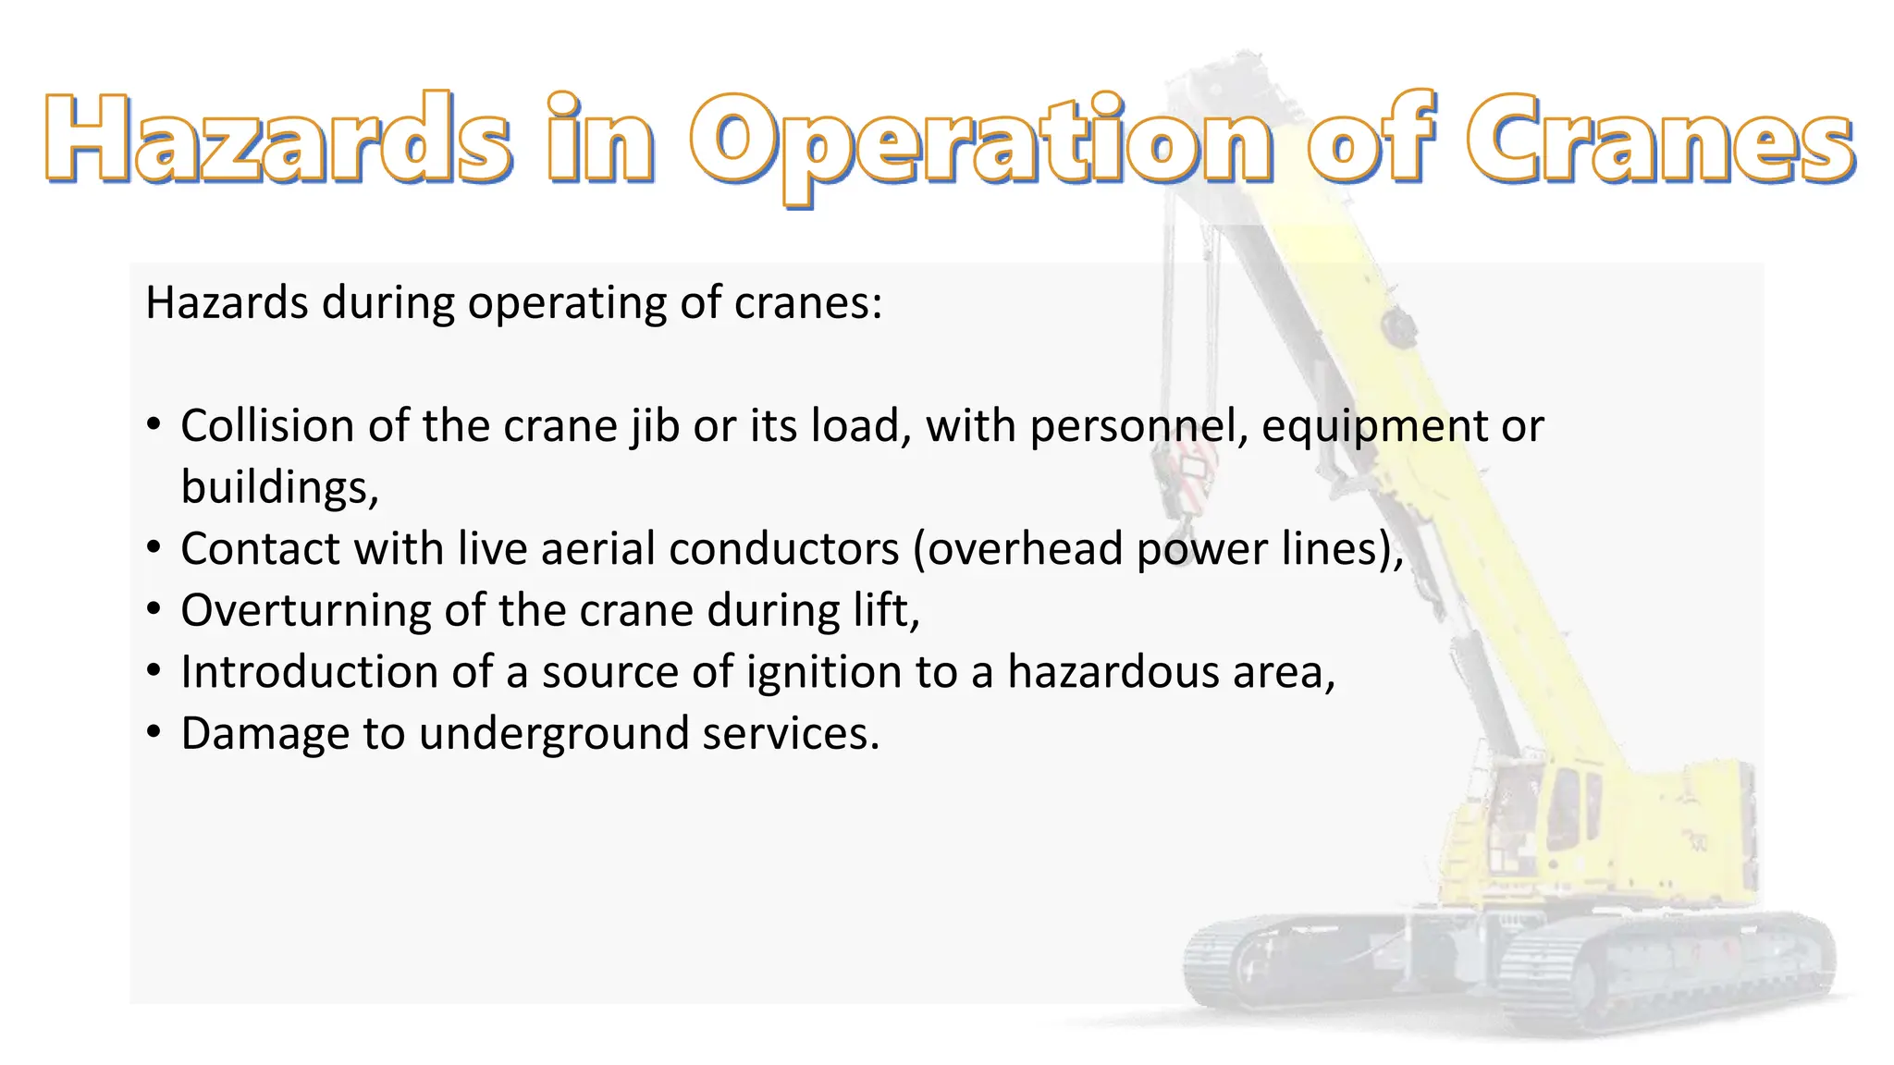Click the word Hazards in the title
coord(277,139)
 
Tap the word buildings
coord(277,488)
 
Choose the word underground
coord(553,734)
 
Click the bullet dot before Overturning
coord(154,609)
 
